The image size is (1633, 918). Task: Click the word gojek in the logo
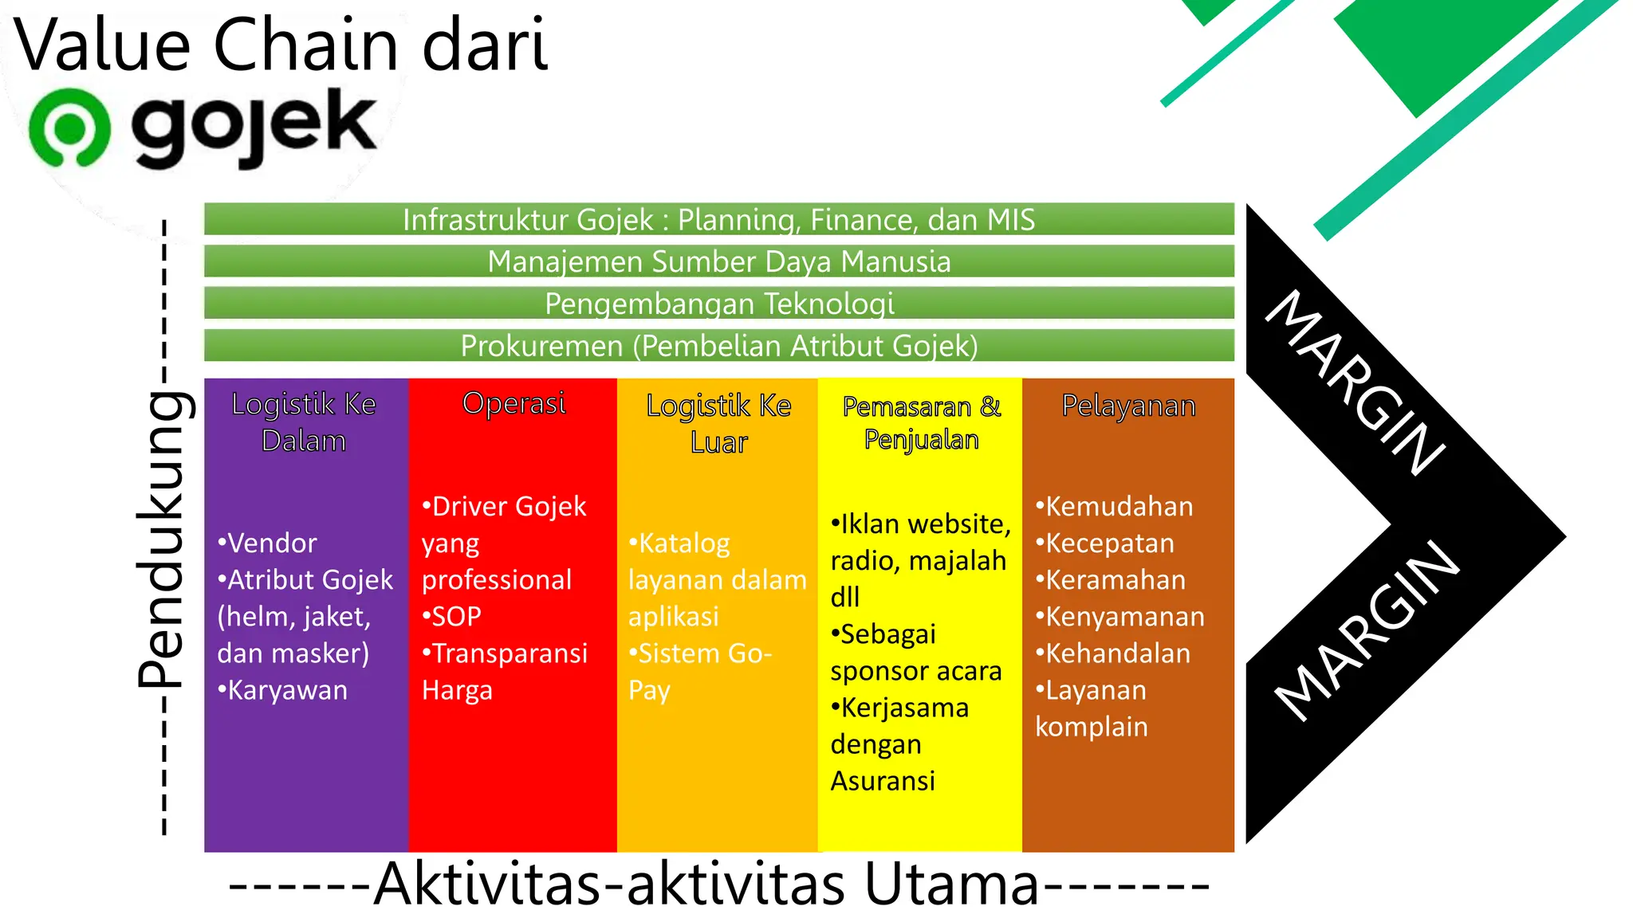point(254,127)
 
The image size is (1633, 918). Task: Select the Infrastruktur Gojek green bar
point(718,219)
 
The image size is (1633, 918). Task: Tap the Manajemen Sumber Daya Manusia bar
point(718,261)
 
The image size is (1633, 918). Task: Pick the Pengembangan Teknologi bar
point(718,304)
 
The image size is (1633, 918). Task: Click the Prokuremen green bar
point(718,346)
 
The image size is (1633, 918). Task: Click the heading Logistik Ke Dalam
point(304,422)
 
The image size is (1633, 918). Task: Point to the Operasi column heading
point(514,403)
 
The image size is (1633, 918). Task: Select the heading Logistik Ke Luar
point(718,423)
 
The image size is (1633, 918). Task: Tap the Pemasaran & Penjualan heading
point(921,422)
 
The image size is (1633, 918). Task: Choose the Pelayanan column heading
point(1128,406)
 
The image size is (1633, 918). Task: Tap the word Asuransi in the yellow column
point(883,781)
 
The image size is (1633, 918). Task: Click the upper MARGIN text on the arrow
point(1356,382)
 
